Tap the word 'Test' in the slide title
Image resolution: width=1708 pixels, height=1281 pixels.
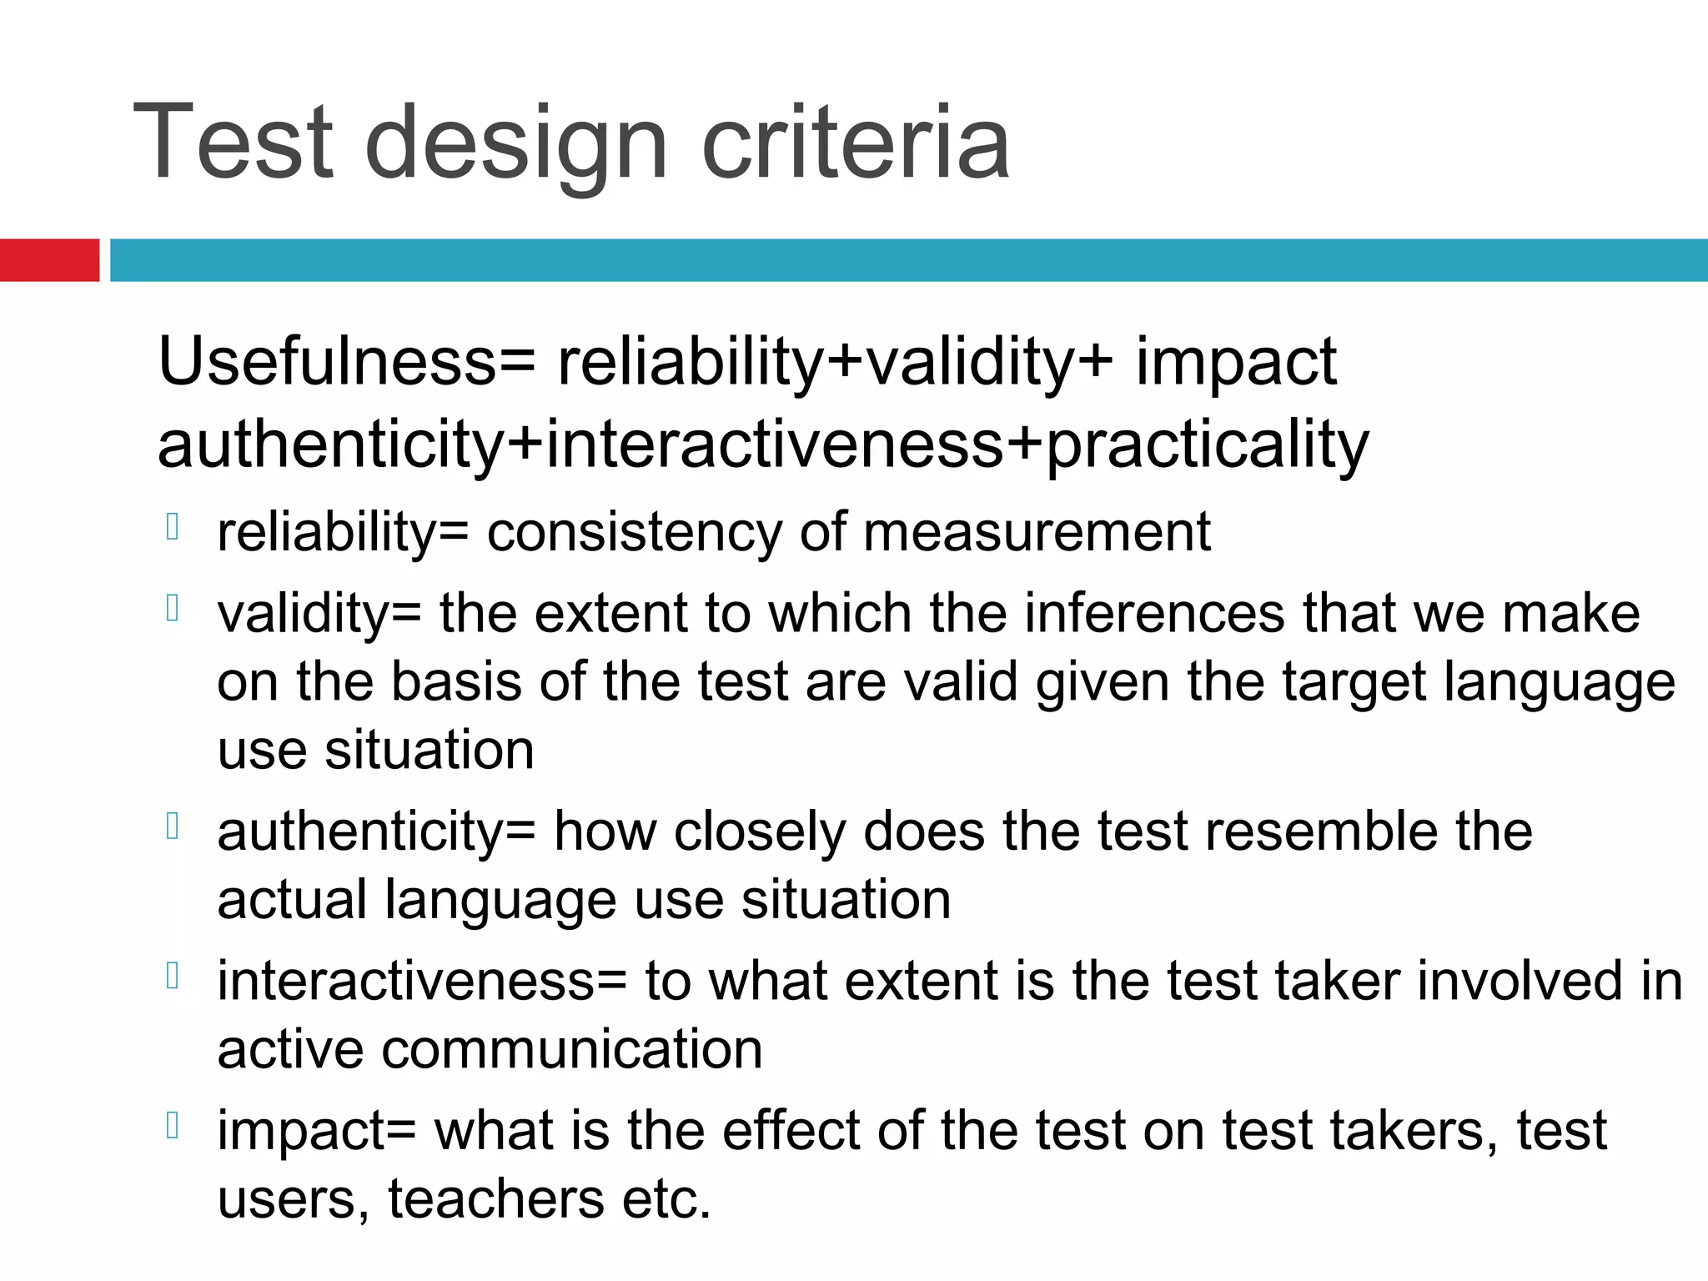(x=234, y=142)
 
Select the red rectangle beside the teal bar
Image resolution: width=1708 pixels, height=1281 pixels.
(x=49, y=259)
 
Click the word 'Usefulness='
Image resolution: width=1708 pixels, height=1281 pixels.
(x=347, y=362)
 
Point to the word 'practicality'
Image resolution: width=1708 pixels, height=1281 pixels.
(x=1207, y=445)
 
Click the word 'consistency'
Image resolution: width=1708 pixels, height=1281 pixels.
(x=634, y=533)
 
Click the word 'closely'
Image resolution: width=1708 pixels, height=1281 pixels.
(x=759, y=833)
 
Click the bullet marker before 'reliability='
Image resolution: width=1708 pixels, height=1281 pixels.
(x=173, y=527)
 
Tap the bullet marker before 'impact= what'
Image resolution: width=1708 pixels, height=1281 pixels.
(x=173, y=1125)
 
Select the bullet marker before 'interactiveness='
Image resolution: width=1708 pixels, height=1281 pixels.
(x=173, y=975)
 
